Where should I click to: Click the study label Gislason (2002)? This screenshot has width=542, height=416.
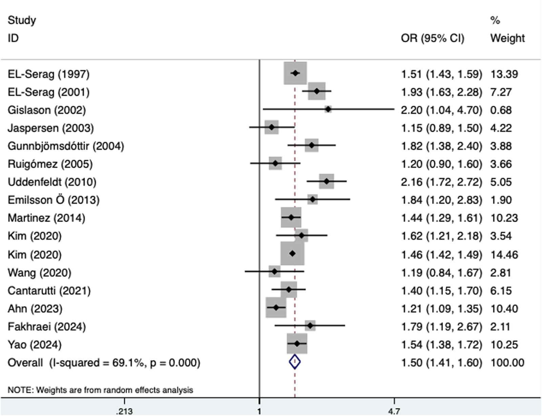pos(47,110)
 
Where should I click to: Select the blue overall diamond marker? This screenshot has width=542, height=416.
pos(295,362)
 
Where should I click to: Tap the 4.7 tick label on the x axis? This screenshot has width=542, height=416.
pos(394,411)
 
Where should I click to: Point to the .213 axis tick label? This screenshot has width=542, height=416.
pos(124,411)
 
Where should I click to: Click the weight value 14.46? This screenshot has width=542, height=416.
pos(504,254)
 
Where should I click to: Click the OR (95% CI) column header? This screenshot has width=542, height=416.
pos(432,38)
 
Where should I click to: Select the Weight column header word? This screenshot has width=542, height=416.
pos(507,38)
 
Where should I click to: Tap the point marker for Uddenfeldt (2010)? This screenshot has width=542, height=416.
pos(326,182)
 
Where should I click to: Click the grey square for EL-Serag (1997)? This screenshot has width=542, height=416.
pos(295,73)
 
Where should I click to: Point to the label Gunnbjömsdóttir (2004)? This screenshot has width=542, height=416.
pos(66,146)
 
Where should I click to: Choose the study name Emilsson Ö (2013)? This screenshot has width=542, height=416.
pos(54,200)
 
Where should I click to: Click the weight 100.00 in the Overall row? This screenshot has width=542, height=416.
pos(507,362)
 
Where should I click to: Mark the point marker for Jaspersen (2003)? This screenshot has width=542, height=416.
pos(271,127)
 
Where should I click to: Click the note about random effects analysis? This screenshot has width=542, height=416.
pos(100,390)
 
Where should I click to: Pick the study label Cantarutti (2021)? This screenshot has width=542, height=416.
pos(49,291)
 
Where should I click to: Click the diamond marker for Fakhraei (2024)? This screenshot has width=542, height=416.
pos(310,326)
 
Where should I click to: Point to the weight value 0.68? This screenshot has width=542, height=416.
pos(501,110)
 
